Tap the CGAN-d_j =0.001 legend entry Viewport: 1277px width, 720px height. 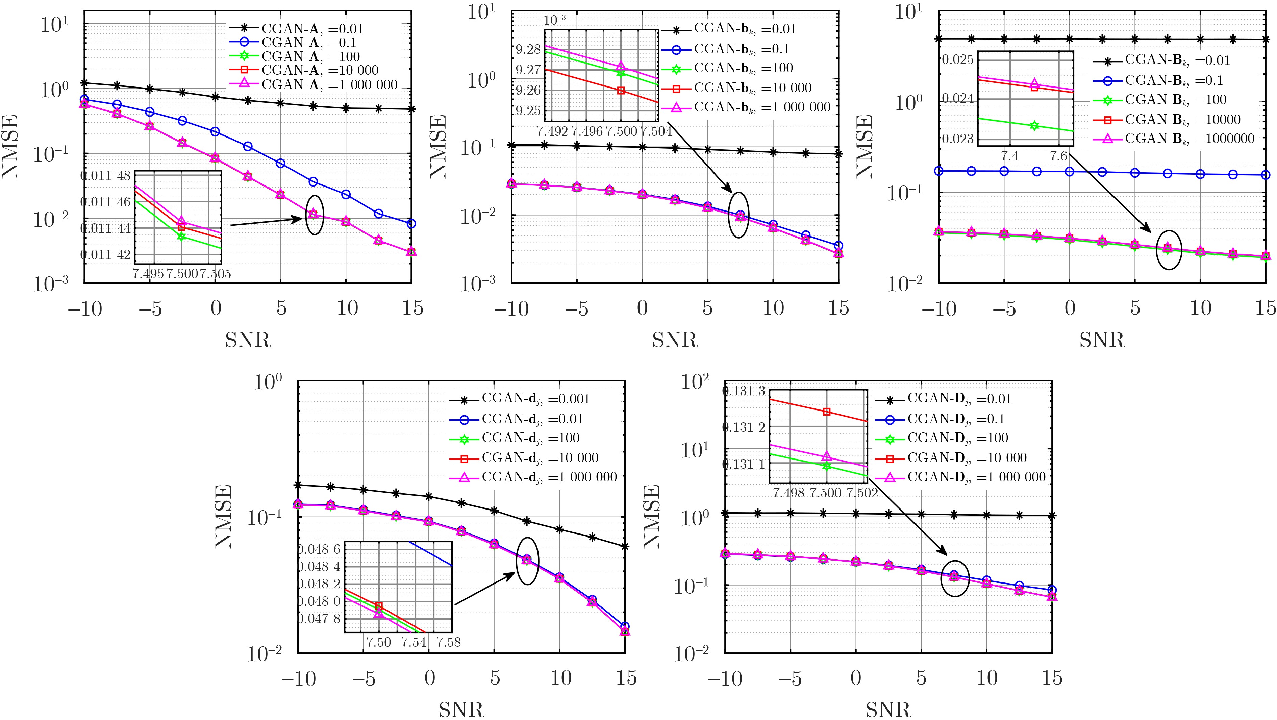click(535, 399)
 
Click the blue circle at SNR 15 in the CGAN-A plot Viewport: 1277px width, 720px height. click(411, 224)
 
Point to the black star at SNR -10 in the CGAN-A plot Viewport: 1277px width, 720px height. click(84, 83)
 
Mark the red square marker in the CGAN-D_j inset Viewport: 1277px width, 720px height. click(826, 412)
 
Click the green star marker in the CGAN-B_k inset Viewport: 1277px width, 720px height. click(1034, 125)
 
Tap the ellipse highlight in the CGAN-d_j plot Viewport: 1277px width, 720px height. click(527, 561)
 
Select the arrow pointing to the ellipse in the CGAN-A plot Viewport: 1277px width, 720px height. click(268, 221)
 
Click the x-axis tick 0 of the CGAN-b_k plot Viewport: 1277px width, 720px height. click(642, 308)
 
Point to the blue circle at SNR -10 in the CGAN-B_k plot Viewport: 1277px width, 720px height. click(938, 171)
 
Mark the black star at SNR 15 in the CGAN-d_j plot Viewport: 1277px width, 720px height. click(625, 546)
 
